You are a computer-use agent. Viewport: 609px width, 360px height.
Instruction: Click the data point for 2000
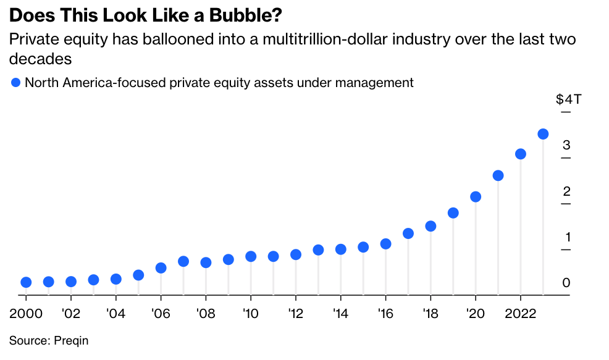[26, 282]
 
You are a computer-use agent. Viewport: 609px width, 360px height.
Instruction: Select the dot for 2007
[183, 261]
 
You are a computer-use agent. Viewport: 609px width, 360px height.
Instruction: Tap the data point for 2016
[385, 244]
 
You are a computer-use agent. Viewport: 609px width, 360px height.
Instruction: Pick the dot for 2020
[476, 197]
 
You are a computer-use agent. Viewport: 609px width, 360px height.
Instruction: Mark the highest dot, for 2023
[543, 134]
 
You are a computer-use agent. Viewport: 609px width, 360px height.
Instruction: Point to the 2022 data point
[521, 154]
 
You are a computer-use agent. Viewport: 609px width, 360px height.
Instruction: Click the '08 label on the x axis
[205, 313]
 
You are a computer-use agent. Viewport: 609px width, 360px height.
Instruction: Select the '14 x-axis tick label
[340, 313]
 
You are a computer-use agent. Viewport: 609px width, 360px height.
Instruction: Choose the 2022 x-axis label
[520, 313]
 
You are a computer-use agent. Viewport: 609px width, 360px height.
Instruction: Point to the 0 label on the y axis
[566, 283]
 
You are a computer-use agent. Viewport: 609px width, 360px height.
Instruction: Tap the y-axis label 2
[566, 191]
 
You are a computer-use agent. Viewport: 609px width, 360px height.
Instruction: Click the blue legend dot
[15, 83]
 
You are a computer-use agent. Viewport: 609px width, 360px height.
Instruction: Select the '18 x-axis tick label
[430, 313]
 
